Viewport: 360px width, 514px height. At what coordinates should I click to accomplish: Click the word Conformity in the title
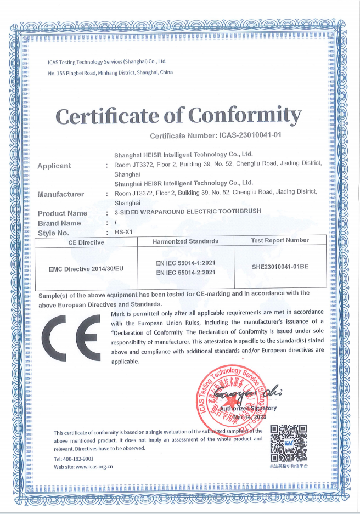[x=245, y=116]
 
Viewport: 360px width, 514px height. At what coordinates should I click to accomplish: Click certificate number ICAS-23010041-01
[x=250, y=135]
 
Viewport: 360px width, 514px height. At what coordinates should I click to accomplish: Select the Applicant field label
[x=54, y=166]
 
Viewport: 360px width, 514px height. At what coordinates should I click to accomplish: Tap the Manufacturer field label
[x=61, y=194]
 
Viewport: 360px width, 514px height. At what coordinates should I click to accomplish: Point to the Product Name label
[x=62, y=213]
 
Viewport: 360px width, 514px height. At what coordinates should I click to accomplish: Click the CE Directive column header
[x=86, y=242]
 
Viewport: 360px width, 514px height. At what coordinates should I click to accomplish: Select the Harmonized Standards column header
[x=185, y=241]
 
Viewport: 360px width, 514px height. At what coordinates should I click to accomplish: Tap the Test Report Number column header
[x=280, y=240]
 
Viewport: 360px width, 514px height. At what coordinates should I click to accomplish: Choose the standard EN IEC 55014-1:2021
[x=185, y=264]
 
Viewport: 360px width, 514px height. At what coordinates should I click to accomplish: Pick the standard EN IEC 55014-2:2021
[x=185, y=272]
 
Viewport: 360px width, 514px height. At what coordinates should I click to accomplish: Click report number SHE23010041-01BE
[x=280, y=266]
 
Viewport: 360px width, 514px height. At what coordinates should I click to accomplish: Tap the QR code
[x=289, y=443]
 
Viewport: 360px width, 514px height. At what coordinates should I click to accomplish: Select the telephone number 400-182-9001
[x=79, y=459]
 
